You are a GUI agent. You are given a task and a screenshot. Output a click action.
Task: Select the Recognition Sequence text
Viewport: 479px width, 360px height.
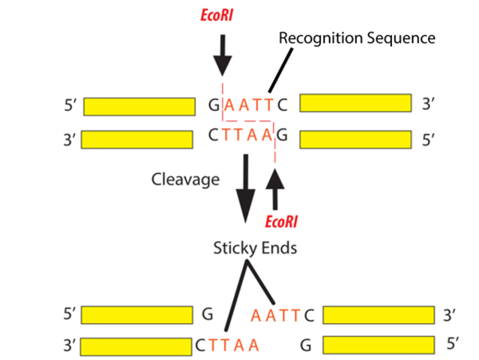tap(357, 37)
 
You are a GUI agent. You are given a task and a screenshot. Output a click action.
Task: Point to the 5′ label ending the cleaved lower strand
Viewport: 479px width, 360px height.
tap(452, 344)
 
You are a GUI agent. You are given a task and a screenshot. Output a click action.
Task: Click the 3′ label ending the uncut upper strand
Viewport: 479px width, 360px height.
tap(429, 104)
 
